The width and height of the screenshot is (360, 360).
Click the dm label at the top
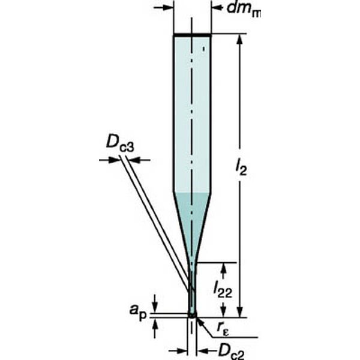[244, 10]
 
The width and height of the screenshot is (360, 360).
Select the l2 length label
[241, 168]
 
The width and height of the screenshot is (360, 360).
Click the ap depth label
[138, 311]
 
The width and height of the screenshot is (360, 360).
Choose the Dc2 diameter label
[231, 351]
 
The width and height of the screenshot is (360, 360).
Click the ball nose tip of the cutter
[192, 314]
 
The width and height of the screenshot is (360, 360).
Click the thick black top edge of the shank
[192, 35]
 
